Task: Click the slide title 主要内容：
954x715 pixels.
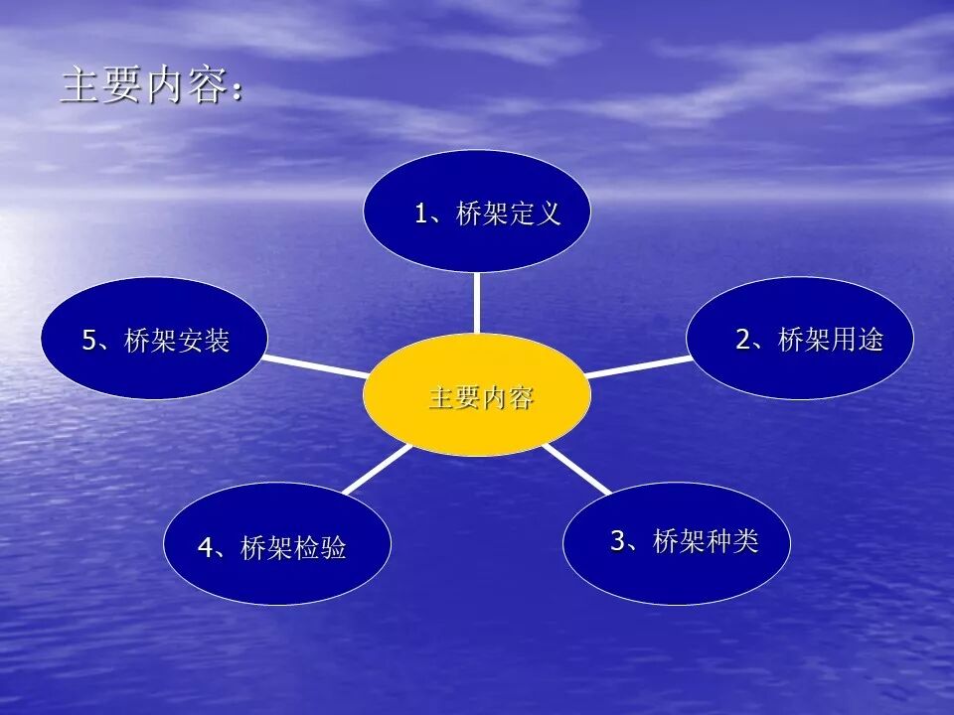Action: (149, 86)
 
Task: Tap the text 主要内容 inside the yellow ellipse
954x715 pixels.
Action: (481, 398)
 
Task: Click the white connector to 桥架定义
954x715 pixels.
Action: (477, 303)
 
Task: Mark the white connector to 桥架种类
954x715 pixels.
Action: (577, 469)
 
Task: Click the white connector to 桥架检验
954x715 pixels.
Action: (378, 469)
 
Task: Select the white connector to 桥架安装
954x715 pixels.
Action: (316, 364)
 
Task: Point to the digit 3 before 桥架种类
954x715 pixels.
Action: (617, 541)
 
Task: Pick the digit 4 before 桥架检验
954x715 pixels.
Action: (205, 548)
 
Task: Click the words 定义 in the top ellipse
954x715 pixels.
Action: (537, 214)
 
